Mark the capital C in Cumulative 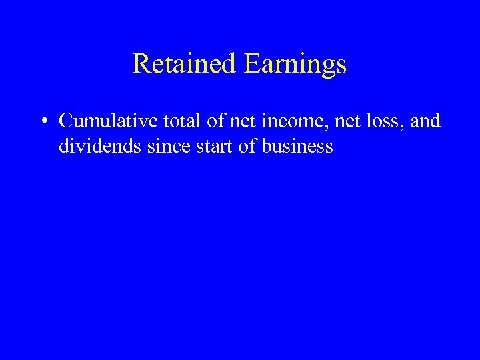66,121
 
